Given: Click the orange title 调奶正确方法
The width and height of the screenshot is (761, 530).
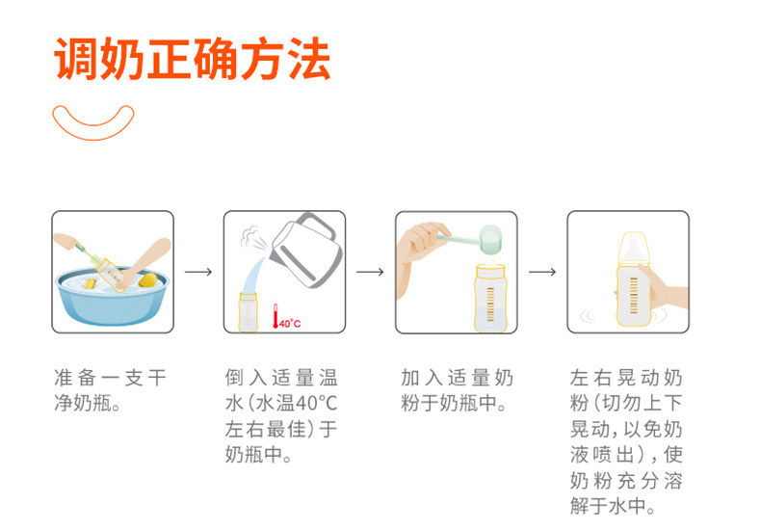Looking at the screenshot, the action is pos(193,58).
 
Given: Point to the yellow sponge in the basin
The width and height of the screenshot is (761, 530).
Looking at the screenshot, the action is pos(148,280).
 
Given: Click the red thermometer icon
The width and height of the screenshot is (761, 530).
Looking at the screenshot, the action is pos(276,316).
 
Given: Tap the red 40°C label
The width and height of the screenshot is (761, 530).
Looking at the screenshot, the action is pos(290,324).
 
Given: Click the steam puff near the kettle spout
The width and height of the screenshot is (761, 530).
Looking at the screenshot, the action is pos(252,237).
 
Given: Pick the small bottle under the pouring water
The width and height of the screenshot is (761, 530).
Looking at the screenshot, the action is pos(248,312).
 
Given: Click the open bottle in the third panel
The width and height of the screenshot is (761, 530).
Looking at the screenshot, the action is pos(490,298).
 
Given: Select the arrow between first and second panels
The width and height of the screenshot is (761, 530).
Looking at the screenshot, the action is pos(198,272).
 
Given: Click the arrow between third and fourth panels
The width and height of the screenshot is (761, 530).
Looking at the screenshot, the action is pos(542,272).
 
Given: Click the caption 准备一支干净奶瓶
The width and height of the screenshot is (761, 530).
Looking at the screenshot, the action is pos(111,390).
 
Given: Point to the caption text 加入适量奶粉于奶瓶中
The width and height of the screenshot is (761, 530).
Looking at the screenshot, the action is pos(457,390).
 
